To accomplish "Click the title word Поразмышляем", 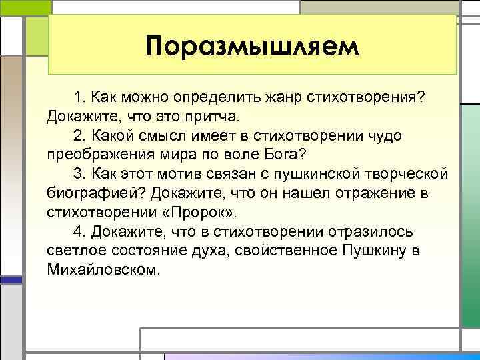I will coord(252,47).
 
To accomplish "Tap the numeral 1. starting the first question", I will coord(79,97).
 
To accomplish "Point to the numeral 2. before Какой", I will coord(79,136).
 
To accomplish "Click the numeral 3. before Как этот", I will coord(79,175).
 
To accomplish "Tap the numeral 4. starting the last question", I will coord(79,233).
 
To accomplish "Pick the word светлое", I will coord(76,252).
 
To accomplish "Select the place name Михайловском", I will coord(104,271).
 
